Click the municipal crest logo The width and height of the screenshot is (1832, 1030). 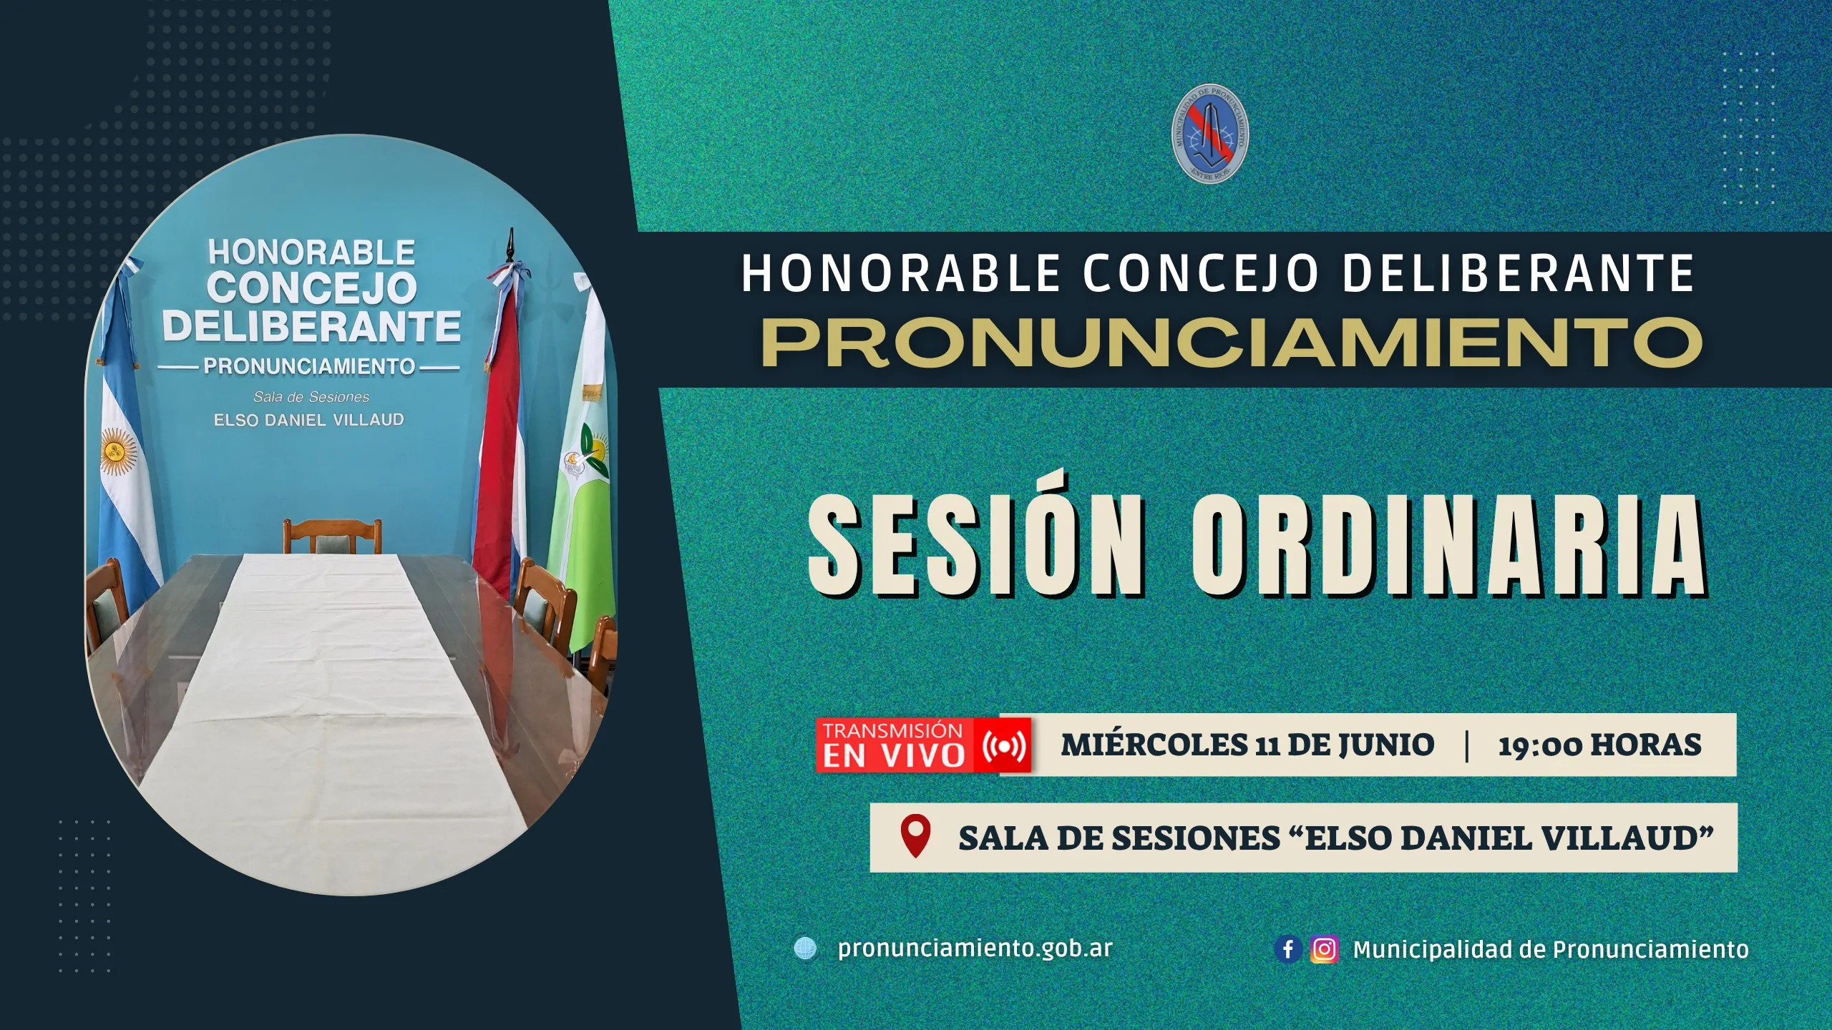click(1210, 133)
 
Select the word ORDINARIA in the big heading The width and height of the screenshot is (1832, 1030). click(1450, 545)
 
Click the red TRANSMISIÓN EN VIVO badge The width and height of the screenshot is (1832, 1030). click(924, 745)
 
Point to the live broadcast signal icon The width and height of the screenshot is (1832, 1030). click(1004, 746)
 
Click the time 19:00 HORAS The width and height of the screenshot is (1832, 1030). click(1600, 745)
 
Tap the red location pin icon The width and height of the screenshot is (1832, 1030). click(915, 835)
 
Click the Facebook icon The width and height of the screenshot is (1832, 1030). click(1288, 949)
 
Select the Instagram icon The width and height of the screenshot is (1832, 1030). click(1324, 949)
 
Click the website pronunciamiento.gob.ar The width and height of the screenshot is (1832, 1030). click(975, 948)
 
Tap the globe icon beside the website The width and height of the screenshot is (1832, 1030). click(806, 948)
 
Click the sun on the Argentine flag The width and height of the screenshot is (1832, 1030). click(117, 451)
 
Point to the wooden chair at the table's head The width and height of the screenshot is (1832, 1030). click(332, 536)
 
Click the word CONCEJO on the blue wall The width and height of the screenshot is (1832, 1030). click(312, 288)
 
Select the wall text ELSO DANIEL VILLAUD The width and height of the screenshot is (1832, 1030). click(309, 420)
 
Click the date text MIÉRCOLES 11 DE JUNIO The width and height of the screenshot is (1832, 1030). click(1247, 745)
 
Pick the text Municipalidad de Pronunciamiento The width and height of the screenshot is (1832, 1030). click(1551, 949)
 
